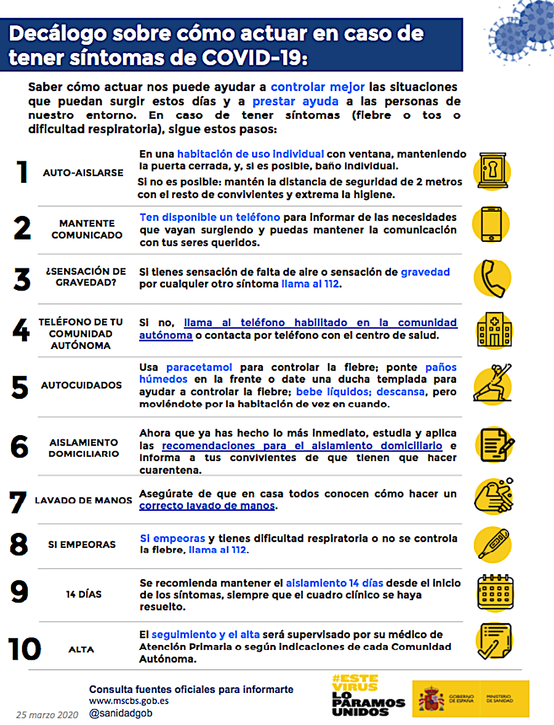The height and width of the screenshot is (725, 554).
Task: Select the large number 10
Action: tap(25, 649)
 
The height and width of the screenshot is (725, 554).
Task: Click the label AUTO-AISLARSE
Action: tap(83, 173)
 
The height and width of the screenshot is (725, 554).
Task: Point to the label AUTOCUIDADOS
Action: tap(82, 385)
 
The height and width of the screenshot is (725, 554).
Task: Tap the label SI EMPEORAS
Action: tap(82, 545)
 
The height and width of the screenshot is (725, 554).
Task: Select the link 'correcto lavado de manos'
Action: tap(207, 506)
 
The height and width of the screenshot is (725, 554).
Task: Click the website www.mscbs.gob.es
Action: tap(129, 700)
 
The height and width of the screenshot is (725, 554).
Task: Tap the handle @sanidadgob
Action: tap(121, 713)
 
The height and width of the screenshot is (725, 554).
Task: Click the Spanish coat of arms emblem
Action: tap(431, 699)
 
